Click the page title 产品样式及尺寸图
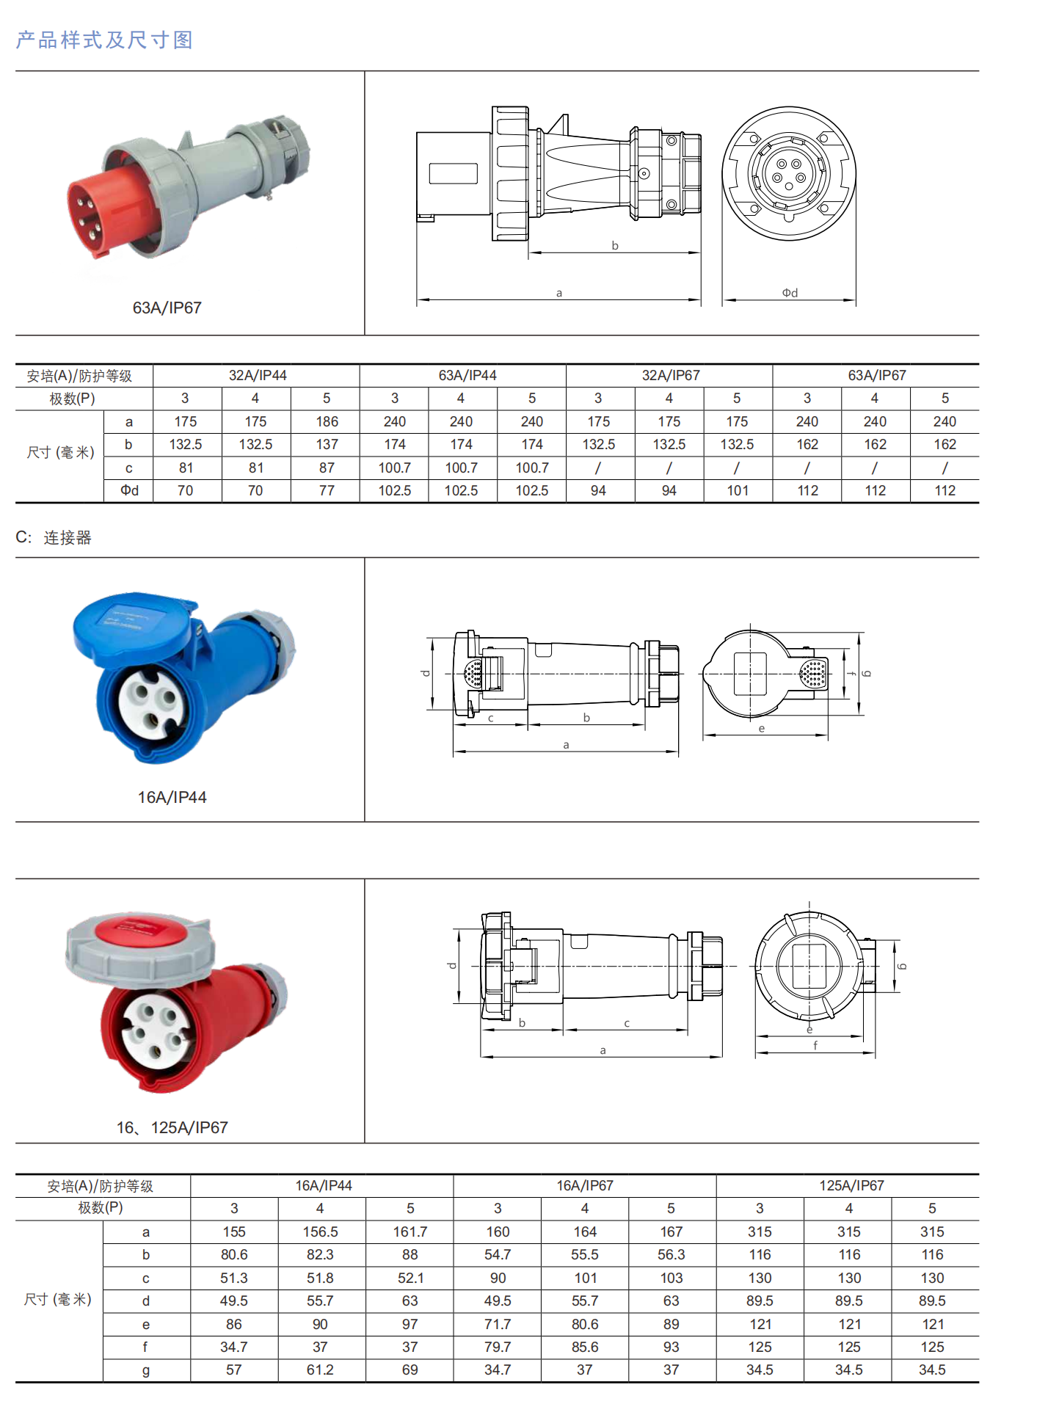104,40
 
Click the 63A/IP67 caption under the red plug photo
167,308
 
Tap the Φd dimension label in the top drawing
790,293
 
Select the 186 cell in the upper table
327,421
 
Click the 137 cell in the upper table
327,444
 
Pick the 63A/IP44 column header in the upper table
467,375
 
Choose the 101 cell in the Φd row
738,490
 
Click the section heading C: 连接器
54,537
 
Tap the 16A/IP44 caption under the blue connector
172,797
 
